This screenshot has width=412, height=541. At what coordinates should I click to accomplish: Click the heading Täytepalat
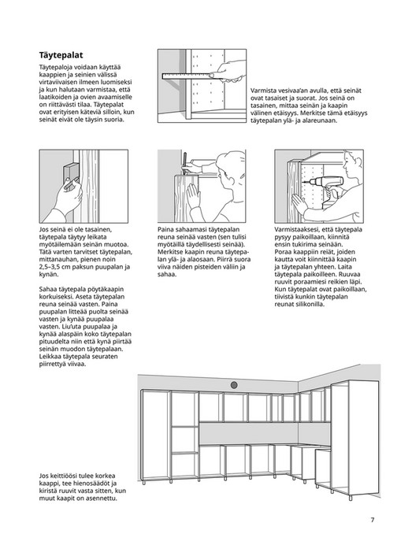68,56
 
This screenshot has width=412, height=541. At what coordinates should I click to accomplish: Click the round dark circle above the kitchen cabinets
234,385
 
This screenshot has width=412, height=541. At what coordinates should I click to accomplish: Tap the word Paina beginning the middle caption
166,229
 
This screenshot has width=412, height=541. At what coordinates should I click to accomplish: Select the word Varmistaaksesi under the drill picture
297,229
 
